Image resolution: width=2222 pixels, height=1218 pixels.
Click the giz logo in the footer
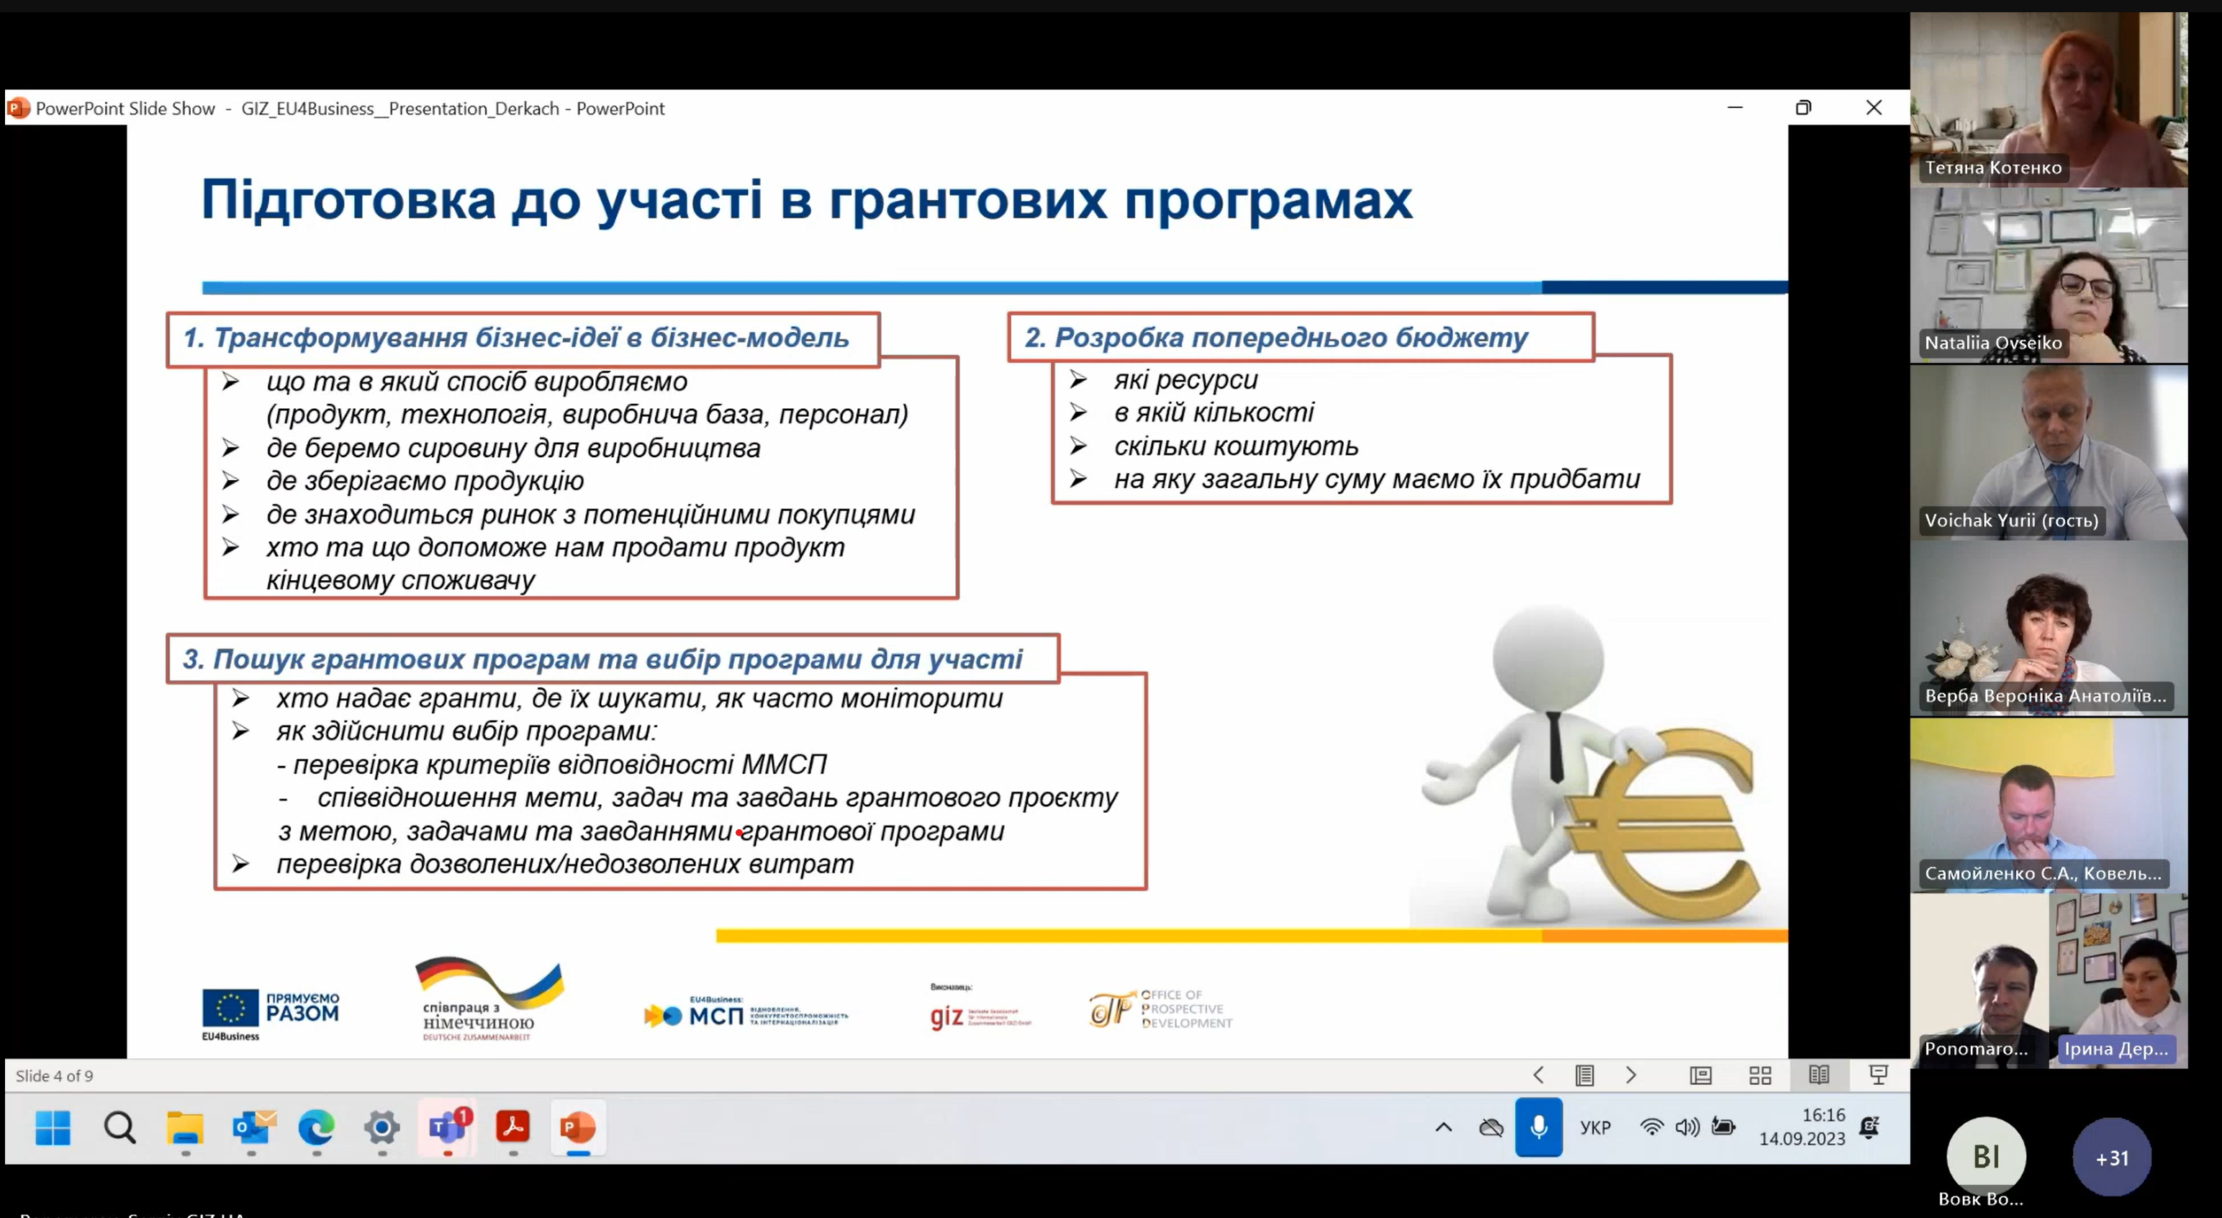pyautogui.click(x=947, y=1016)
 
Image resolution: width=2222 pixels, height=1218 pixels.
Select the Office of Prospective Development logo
pyautogui.click(x=1160, y=1009)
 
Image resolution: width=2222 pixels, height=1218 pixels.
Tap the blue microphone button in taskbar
pyautogui.click(x=1538, y=1127)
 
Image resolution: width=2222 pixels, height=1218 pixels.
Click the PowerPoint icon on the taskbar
pyautogui.click(x=577, y=1127)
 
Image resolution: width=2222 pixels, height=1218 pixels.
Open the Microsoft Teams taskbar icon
pyautogui.click(x=447, y=1127)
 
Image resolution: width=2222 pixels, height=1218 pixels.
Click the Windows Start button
pyautogui.click(x=53, y=1127)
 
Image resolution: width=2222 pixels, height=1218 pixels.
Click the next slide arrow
pyautogui.click(x=1630, y=1075)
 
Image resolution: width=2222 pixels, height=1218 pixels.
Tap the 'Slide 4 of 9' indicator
pyautogui.click(x=54, y=1075)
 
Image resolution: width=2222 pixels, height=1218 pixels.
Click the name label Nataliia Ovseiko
pyautogui.click(x=1992, y=343)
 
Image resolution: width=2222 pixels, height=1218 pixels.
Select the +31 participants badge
pyautogui.click(x=2112, y=1158)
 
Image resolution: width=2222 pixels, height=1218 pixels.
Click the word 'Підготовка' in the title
pyautogui.click(x=348, y=200)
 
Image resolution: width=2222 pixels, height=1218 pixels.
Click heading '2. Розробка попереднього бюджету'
pyautogui.click(x=1275, y=338)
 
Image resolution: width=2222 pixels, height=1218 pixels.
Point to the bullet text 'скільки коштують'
pyautogui.click(x=1235, y=446)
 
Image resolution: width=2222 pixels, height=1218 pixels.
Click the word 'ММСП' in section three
pyautogui.click(x=783, y=764)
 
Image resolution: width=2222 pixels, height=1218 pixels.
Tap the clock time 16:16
pyautogui.click(x=1823, y=1114)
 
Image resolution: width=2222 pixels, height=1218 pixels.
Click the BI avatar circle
pyautogui.click(x=1986, y=1156)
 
